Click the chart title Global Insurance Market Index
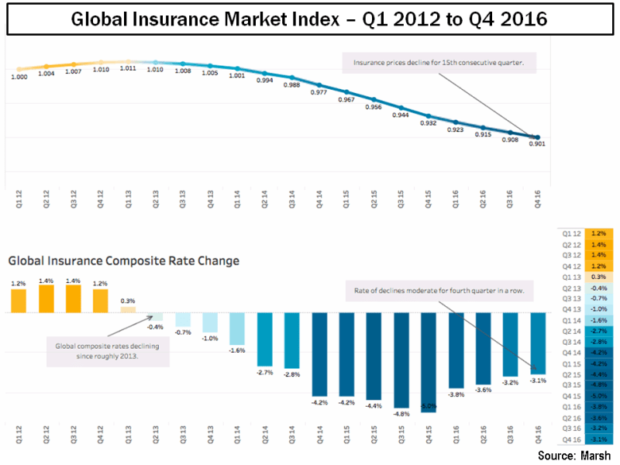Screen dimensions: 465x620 point(309,19)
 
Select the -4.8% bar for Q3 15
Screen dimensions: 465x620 point(401,360)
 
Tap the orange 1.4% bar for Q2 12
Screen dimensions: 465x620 point(46,298)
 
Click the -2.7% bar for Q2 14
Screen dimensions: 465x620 point(264,339)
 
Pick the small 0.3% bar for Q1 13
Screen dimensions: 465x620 point(128,309)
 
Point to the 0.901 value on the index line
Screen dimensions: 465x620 point(536,143)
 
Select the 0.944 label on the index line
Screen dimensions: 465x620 point(401,115)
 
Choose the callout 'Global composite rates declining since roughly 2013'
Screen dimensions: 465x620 point(108,350)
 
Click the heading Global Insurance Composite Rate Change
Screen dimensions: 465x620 point(123,260)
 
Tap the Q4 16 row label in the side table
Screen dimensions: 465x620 point(570,439)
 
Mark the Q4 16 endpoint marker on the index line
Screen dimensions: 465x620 point(537,137)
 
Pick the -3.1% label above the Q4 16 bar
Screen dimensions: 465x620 point(536,380)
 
